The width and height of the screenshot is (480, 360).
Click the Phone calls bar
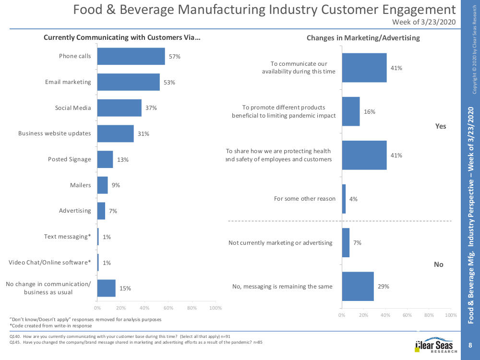(131, 56)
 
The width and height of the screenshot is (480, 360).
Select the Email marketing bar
(128, 82)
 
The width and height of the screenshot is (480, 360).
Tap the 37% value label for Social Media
(152, 108)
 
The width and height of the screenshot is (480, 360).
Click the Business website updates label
(54, 133)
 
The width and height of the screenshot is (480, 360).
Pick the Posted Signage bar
(105, 159)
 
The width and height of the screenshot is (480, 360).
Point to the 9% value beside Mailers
(116, 185)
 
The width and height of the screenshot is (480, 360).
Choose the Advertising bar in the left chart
(101, 211)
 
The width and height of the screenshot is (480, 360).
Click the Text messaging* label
(67, 237)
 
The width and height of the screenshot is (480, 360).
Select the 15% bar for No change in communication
(106, 288)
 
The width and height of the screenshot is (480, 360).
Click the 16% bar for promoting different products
(351, 111)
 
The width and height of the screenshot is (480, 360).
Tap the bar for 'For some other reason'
(344, 199)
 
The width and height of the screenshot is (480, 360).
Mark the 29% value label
(384, 287)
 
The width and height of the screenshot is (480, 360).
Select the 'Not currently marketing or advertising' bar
(346, 243)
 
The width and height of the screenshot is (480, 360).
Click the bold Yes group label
(440, 126)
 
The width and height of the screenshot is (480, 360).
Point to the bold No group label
(439, 264)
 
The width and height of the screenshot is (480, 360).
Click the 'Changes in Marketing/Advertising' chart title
(363, 38)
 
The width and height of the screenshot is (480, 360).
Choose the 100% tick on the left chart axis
(216, 308)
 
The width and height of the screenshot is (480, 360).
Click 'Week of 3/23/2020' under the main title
(424, 22)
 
